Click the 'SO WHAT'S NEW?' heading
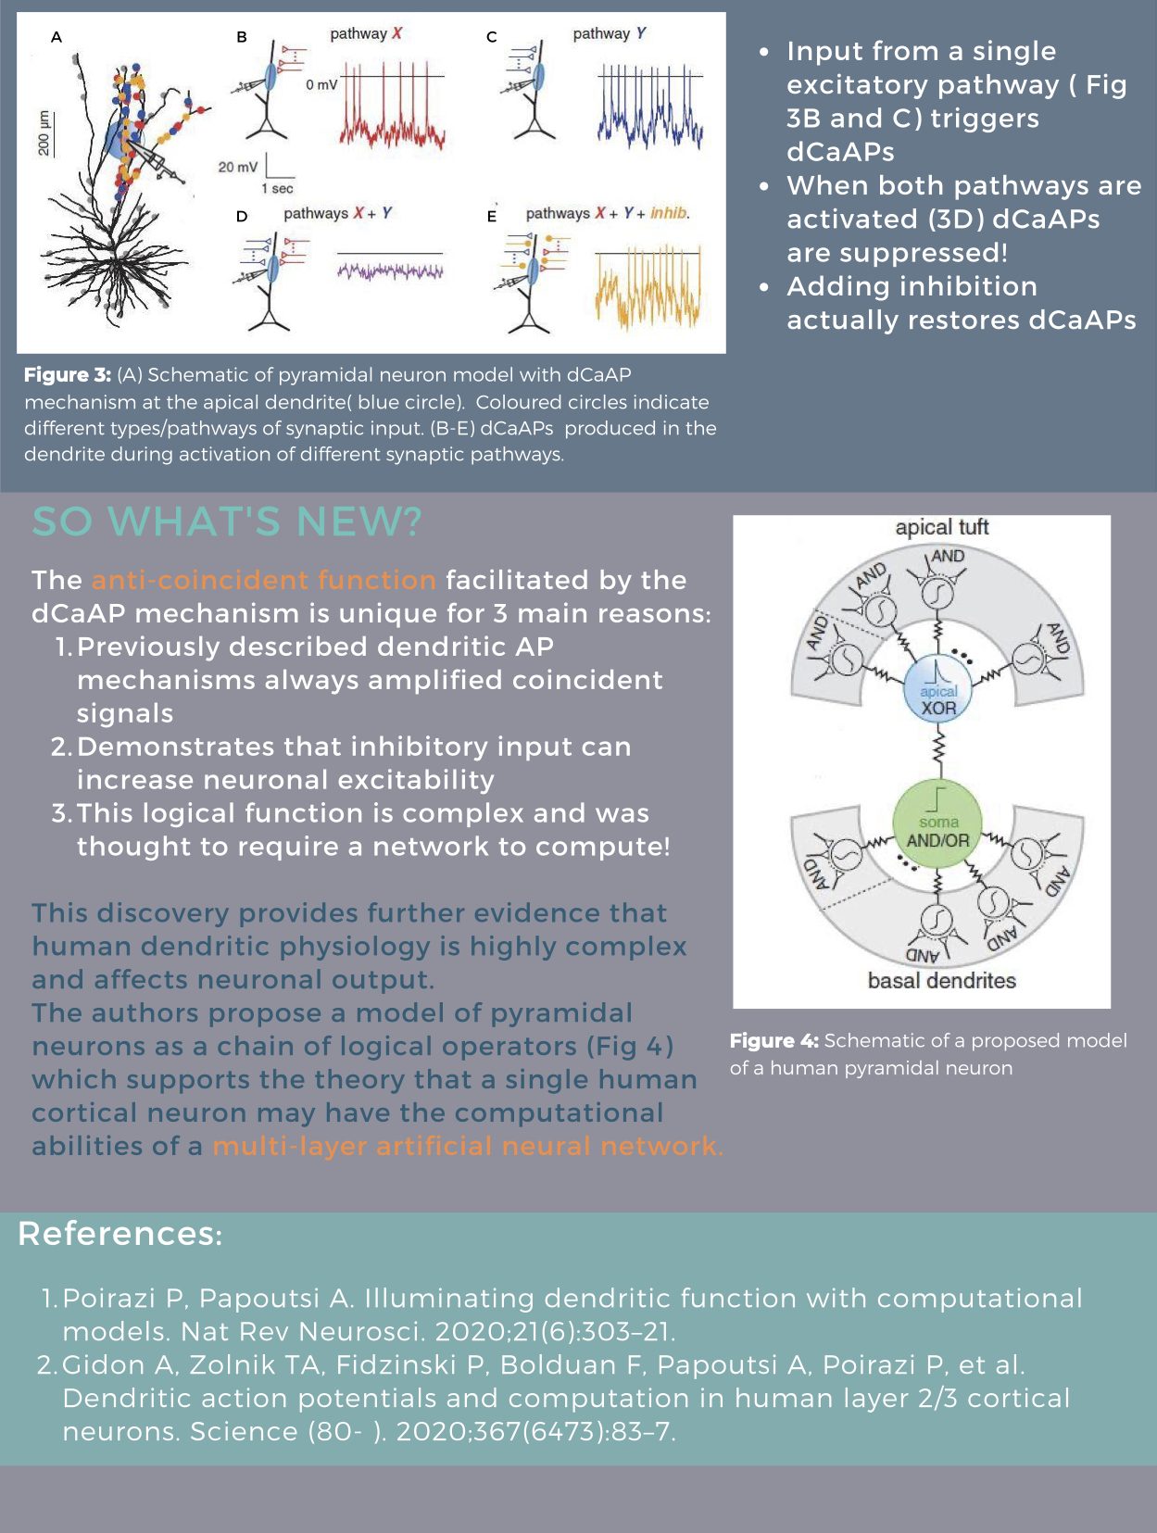pyautogui.click(x=227, y=521)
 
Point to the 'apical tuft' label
pyautogui.click(x=941, y=527)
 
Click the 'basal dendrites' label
pyautogui.click(x=941, y=980)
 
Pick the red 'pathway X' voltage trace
pyautogui.click(x=393, y=116)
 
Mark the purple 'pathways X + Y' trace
pyautogui.click(x=390, y=271)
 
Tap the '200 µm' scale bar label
pyautogui.click(x=43, y=132)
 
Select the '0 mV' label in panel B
pyautogui.click(x=321, y=84)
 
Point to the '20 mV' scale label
pyautogui.click(x=238, y=168)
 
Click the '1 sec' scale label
pyautogui.click(x=277, y=189)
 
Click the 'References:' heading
pyautogui.click(x=120, y=1234)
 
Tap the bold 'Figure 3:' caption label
pyautogui.click(x=67, y=375)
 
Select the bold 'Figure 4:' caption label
pyautogui.click(x=773, y=1041)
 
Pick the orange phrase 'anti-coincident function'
pyautogui.click(x=263, y=580)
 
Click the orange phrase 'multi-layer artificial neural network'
pyautogui.click(x=467, y=1146)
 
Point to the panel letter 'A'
pyautogui.click(x=57, y=37)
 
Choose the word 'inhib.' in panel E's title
pyautogui.click(x=670, y=213)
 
